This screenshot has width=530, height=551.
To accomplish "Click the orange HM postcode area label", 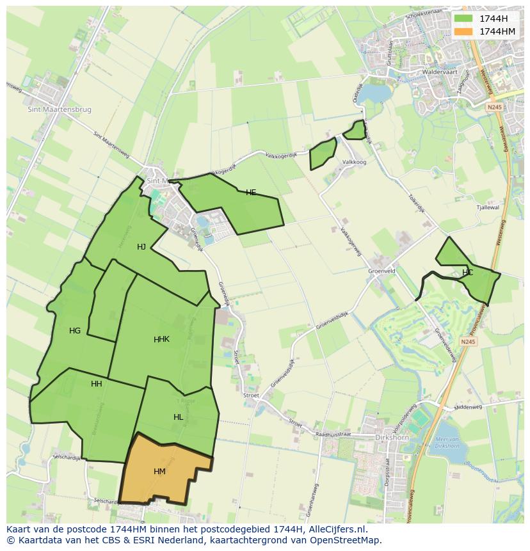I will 159,472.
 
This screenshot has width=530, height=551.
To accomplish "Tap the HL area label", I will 178,417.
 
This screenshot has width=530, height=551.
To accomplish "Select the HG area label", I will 75,331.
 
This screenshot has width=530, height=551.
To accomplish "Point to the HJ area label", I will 141,247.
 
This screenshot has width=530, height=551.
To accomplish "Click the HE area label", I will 251,193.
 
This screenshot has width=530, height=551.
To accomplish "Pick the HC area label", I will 467,273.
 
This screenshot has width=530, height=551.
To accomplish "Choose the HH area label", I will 97,384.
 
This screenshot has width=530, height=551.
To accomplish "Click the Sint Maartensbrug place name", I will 60,109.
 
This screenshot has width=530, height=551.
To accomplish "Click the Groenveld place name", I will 381,271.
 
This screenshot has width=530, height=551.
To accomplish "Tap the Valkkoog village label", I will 354,163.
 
